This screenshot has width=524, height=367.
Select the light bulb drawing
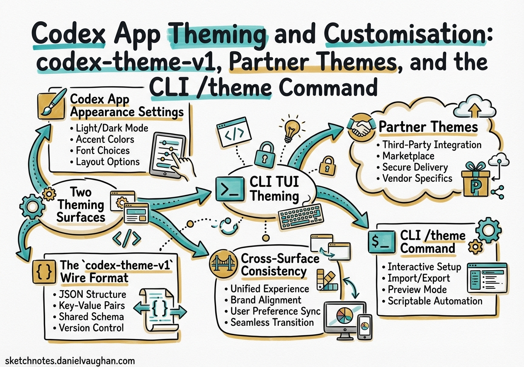(x=291, y=130)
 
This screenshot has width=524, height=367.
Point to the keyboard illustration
(x=301, y=217)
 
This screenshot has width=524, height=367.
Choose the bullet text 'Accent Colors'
(x=105, y=139)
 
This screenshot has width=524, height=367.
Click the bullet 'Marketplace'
(x=408, y=156)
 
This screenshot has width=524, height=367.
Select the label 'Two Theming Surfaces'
(x=81, y=205)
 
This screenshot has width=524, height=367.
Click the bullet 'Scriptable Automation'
(x=435, y=301)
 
